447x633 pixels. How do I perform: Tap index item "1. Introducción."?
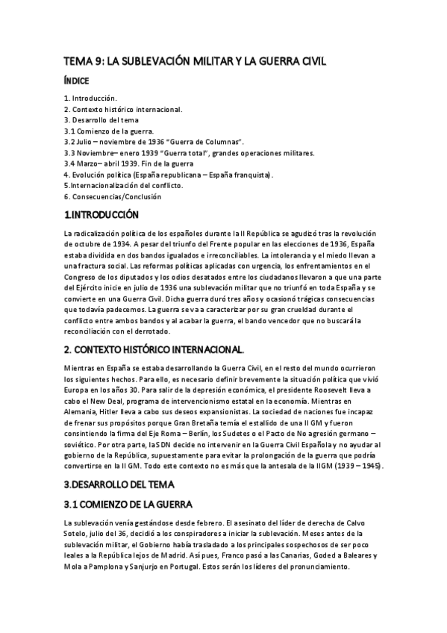90,99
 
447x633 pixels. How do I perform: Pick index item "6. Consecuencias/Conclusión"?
112,196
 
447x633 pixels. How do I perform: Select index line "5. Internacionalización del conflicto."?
123,185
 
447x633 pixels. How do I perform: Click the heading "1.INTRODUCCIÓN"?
101,215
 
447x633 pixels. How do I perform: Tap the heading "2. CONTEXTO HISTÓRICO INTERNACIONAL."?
164,349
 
